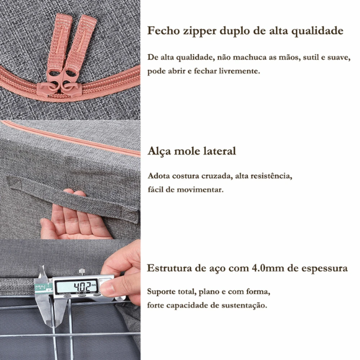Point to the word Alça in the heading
click(159, 152)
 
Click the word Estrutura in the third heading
click(169, 268)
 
